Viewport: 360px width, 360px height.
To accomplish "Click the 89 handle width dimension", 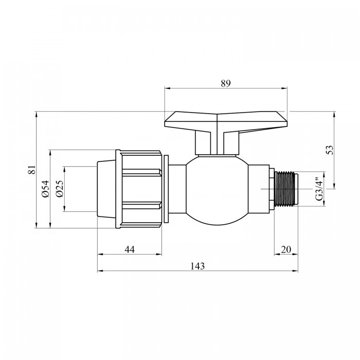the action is coord(226,83).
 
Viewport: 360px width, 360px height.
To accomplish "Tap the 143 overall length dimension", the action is coord(197,266).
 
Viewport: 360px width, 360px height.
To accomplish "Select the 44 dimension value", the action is coord(130,249).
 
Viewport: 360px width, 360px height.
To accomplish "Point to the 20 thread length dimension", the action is coord(286,249).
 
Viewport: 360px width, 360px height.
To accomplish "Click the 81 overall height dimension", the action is coord(32,169).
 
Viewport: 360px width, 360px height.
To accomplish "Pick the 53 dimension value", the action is coord(330,150).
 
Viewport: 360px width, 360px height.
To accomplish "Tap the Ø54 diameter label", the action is coord(46,189).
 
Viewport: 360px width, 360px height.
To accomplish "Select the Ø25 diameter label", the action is coord(60,189).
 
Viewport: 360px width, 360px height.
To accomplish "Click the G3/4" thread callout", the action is coord(319,189).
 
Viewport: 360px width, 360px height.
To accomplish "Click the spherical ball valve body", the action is coord(217,190).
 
